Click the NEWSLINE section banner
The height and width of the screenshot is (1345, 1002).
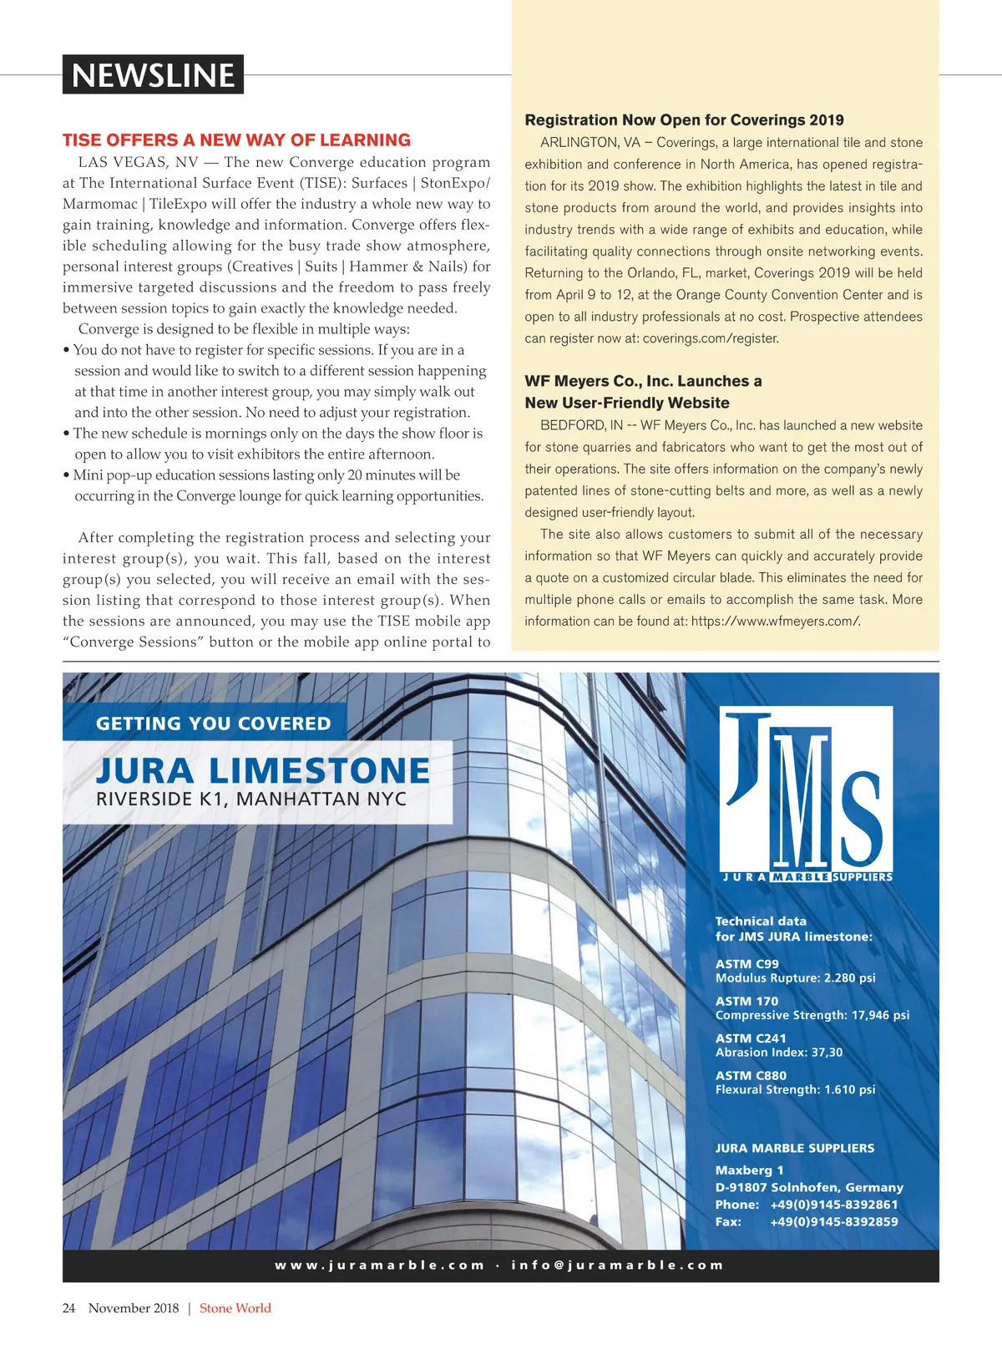tap(153, 75)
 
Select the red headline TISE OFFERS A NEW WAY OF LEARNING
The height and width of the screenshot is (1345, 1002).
tap(236, 140)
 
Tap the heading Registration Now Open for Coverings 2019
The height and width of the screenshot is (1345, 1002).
tap(684, 120)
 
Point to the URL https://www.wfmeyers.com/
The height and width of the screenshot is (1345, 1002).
tap(775, 621)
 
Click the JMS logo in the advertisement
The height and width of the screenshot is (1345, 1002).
tap(806, 794)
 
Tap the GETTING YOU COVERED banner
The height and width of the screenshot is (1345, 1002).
tap(213, 723)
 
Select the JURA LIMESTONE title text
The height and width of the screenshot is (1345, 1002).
tap(263, 770)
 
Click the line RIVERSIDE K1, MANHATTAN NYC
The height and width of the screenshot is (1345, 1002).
tap(250, 799)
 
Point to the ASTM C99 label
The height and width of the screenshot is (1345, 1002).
tap(746, 964)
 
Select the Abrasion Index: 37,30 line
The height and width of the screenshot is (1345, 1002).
tap(778, 1053)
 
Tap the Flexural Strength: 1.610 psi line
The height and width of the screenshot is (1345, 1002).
tap(795, 1089)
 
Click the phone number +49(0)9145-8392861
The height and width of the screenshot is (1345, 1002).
tap(833, 1205)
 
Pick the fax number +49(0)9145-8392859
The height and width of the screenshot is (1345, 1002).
tap(833, 1221)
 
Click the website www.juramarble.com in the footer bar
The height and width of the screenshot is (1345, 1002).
tap(380, 1265)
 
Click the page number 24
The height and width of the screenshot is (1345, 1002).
tap(68, 1308)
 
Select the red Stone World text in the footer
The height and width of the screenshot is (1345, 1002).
tap(235, 1308)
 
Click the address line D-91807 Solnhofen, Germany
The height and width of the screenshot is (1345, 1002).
tap(808, 1187)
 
